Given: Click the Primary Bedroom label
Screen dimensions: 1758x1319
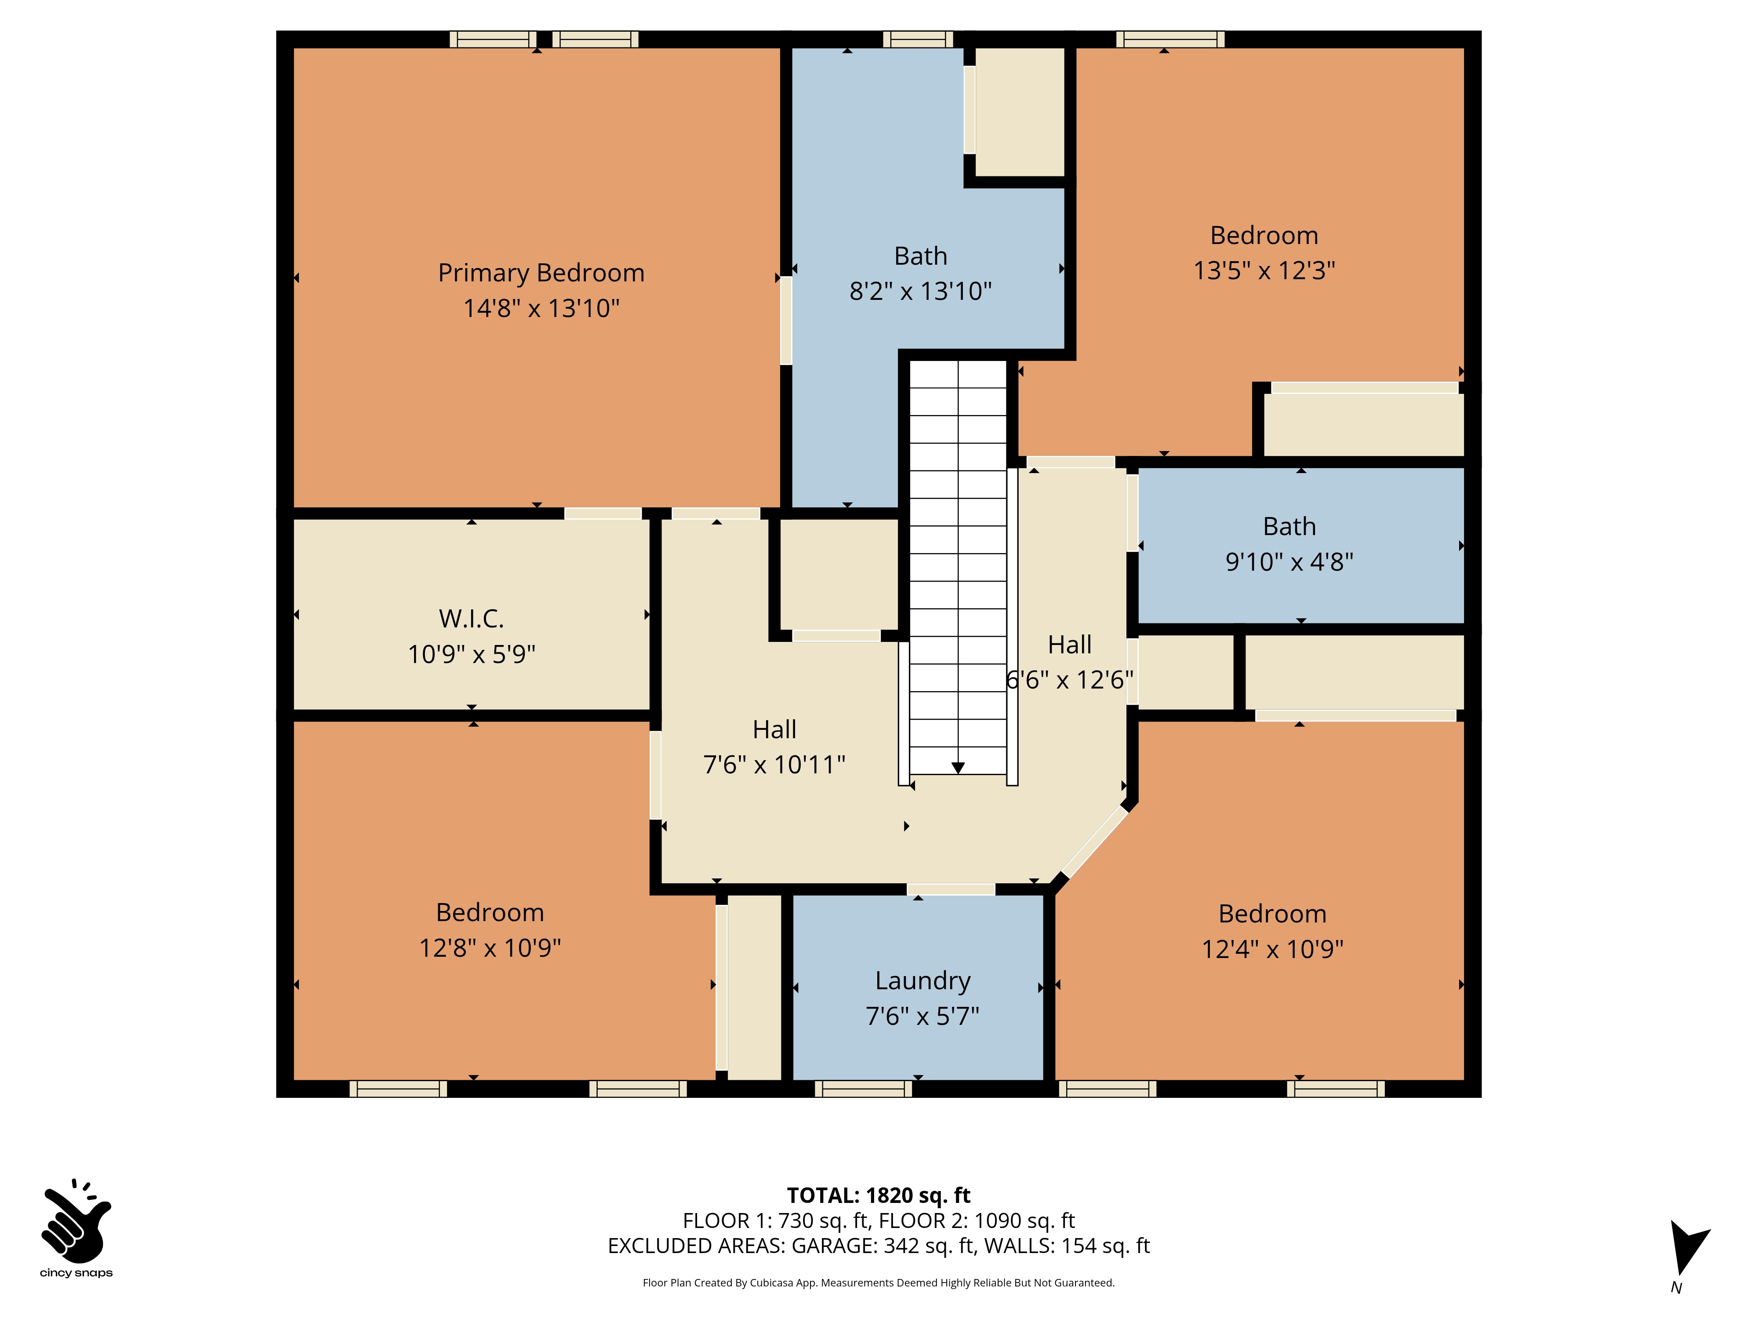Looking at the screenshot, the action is (x=541, y=273).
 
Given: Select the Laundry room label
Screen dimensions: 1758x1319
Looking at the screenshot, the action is (x=923, y=981).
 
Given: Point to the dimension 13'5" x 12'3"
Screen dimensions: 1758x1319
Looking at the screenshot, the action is (x=1264, y=270).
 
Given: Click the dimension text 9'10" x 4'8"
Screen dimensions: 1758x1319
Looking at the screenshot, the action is (x=1289, y=561).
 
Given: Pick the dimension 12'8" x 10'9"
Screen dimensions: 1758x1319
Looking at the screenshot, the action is (x=490, y=948).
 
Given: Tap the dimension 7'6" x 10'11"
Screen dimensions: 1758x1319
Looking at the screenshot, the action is (x=774, y=764).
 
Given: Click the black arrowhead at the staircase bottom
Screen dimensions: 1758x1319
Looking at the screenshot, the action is (x=958, y=767).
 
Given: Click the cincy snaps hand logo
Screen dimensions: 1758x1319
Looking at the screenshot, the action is (x=76, y=1221).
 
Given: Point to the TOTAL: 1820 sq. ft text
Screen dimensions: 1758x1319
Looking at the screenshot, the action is (x=878, y=1195).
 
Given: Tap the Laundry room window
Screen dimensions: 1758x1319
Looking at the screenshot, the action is (x=863, y=1089).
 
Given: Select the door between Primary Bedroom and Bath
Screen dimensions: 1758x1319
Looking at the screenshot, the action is (x=785, y=321).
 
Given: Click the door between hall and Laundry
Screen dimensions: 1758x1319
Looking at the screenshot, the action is (x=951, y=889).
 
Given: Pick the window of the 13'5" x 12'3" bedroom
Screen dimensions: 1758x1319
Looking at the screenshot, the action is (x=1170, y=39).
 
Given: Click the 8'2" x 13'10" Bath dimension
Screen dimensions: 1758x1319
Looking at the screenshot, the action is (x=920, y=291).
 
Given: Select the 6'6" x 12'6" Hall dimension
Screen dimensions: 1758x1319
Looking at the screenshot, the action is (x=1070, y=680).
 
